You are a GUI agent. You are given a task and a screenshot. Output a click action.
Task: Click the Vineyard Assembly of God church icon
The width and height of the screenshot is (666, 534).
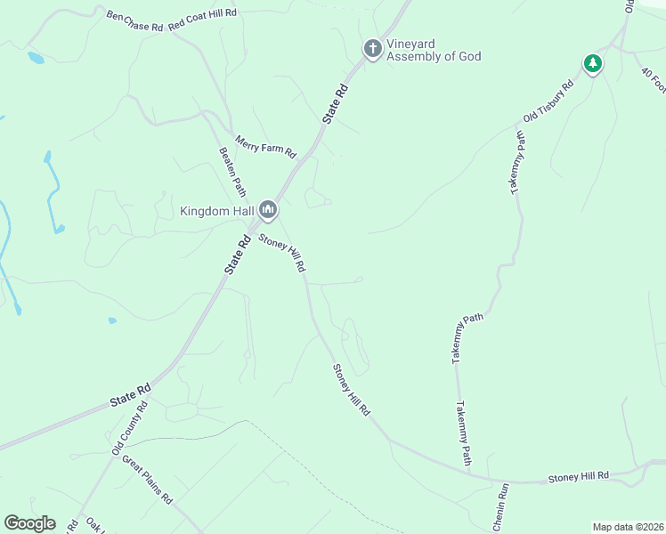coord(372,48)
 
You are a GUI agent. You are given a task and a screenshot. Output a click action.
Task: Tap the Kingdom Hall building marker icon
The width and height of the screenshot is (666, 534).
coord(268,211)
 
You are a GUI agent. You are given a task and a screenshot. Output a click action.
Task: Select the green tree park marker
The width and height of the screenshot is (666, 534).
coord(592,63)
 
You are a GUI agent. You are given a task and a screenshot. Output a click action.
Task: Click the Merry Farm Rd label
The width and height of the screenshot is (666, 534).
coord(265,146)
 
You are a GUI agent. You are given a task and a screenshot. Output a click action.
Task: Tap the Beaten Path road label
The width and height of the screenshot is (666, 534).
coord(232,171)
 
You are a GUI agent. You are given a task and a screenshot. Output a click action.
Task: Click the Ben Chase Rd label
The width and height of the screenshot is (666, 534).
coord(134,21)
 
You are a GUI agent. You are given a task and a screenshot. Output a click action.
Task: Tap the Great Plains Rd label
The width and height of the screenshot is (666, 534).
coord(147,481)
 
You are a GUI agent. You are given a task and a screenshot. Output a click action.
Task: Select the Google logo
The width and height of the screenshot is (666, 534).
coord(29,523)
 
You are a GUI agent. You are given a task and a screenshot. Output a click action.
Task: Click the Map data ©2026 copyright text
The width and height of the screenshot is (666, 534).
coord(628,527)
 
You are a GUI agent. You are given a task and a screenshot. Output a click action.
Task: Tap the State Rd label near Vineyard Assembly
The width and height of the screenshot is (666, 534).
coord(334,103)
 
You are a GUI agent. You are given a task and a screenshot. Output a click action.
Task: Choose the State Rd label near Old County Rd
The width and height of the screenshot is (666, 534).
coord(131,396)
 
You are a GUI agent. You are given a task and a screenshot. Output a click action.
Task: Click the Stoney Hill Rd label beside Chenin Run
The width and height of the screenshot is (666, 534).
coord(578,477)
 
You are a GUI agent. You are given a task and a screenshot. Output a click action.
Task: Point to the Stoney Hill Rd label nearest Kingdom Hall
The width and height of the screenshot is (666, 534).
coord(282,253)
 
